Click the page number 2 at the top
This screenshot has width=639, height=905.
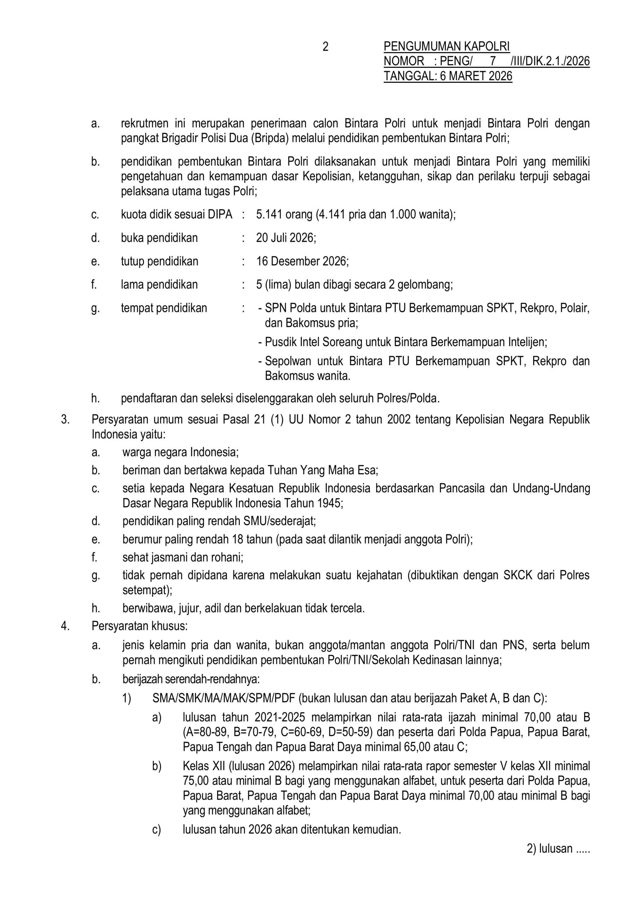[x=325, y=47]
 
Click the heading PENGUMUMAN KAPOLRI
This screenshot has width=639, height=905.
[x=447, y=47]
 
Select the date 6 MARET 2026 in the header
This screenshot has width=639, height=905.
[x=476, y=76]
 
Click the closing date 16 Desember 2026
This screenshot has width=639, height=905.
[x=302, y=261]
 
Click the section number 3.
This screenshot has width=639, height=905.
[x=65, y=419]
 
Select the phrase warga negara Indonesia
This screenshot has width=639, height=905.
[x=180, y=452]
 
